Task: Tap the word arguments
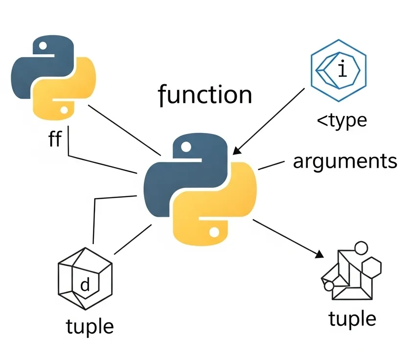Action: point(345,161)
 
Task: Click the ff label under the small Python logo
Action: point(55,139)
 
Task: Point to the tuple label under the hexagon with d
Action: point(90,325)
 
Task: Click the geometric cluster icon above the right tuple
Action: point(351,271)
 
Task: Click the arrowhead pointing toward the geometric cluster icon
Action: point(320,255)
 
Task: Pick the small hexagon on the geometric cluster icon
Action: point(373,267)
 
